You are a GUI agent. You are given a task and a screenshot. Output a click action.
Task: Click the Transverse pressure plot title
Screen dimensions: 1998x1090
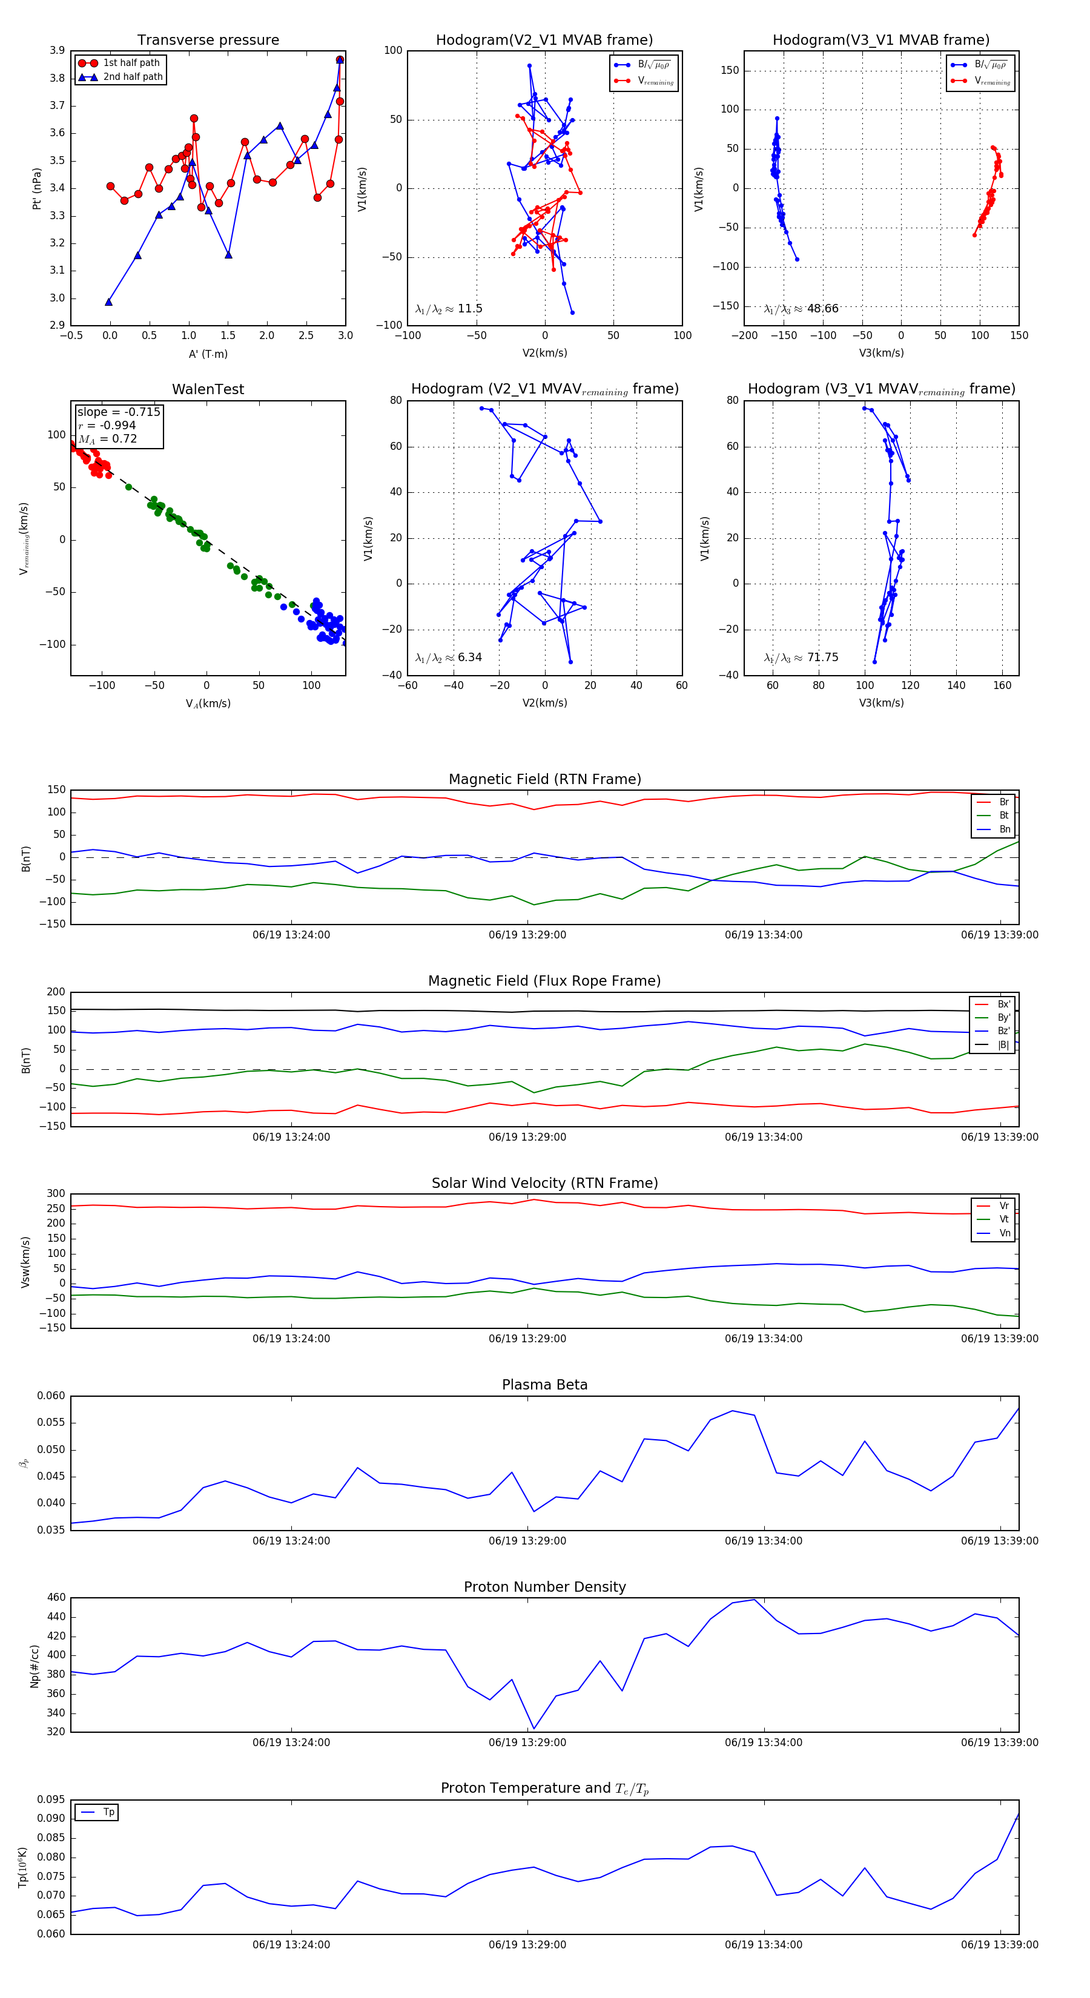[208, 41]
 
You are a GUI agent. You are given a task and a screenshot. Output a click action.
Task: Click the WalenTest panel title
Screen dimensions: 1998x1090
[208, 389]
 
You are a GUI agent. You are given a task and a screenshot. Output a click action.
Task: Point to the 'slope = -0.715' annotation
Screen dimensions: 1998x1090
[119, 412]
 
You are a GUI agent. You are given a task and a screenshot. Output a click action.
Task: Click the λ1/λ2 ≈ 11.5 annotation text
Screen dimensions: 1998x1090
[448, 309]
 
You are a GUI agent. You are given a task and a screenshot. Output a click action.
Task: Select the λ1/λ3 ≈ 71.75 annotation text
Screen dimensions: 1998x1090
[801, 658]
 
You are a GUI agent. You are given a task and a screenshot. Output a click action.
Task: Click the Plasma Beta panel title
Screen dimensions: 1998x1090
[544, 1385]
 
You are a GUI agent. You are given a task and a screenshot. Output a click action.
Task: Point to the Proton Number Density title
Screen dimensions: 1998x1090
[544, 1587]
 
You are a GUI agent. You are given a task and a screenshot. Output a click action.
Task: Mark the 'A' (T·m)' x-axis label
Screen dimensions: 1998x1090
[208, 354]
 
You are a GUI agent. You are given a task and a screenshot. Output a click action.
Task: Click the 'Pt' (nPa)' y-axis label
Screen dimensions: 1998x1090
[36, 188]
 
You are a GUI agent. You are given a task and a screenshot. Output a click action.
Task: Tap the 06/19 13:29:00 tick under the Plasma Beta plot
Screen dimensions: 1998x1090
[527, 1541]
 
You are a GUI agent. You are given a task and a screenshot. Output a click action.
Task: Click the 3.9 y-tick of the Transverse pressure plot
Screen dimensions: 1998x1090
[57, 50]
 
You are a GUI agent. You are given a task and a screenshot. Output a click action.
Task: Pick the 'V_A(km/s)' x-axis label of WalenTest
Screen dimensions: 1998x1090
[208, 704]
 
